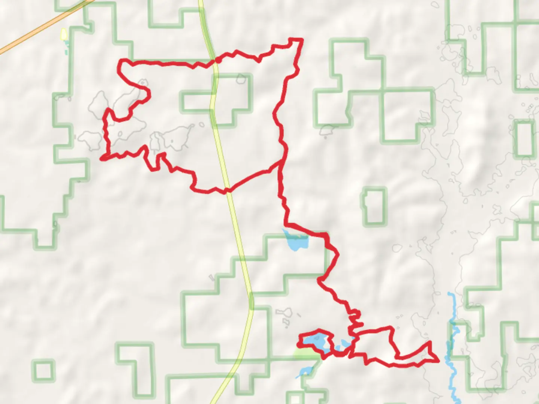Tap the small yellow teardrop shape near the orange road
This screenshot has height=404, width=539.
click(x=64, y=34)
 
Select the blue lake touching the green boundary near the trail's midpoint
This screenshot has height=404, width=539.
click(x=296, y=241)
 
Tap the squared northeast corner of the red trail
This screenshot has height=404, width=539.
click(x=301, y=39)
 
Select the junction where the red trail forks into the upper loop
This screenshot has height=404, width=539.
click(x=281, y=162)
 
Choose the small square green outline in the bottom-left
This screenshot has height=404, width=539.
click(x=43, y=370)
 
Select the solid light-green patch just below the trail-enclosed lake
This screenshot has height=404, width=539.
click(x=307, y=354)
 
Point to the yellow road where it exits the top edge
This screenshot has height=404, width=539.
click(x=201, y=4)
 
